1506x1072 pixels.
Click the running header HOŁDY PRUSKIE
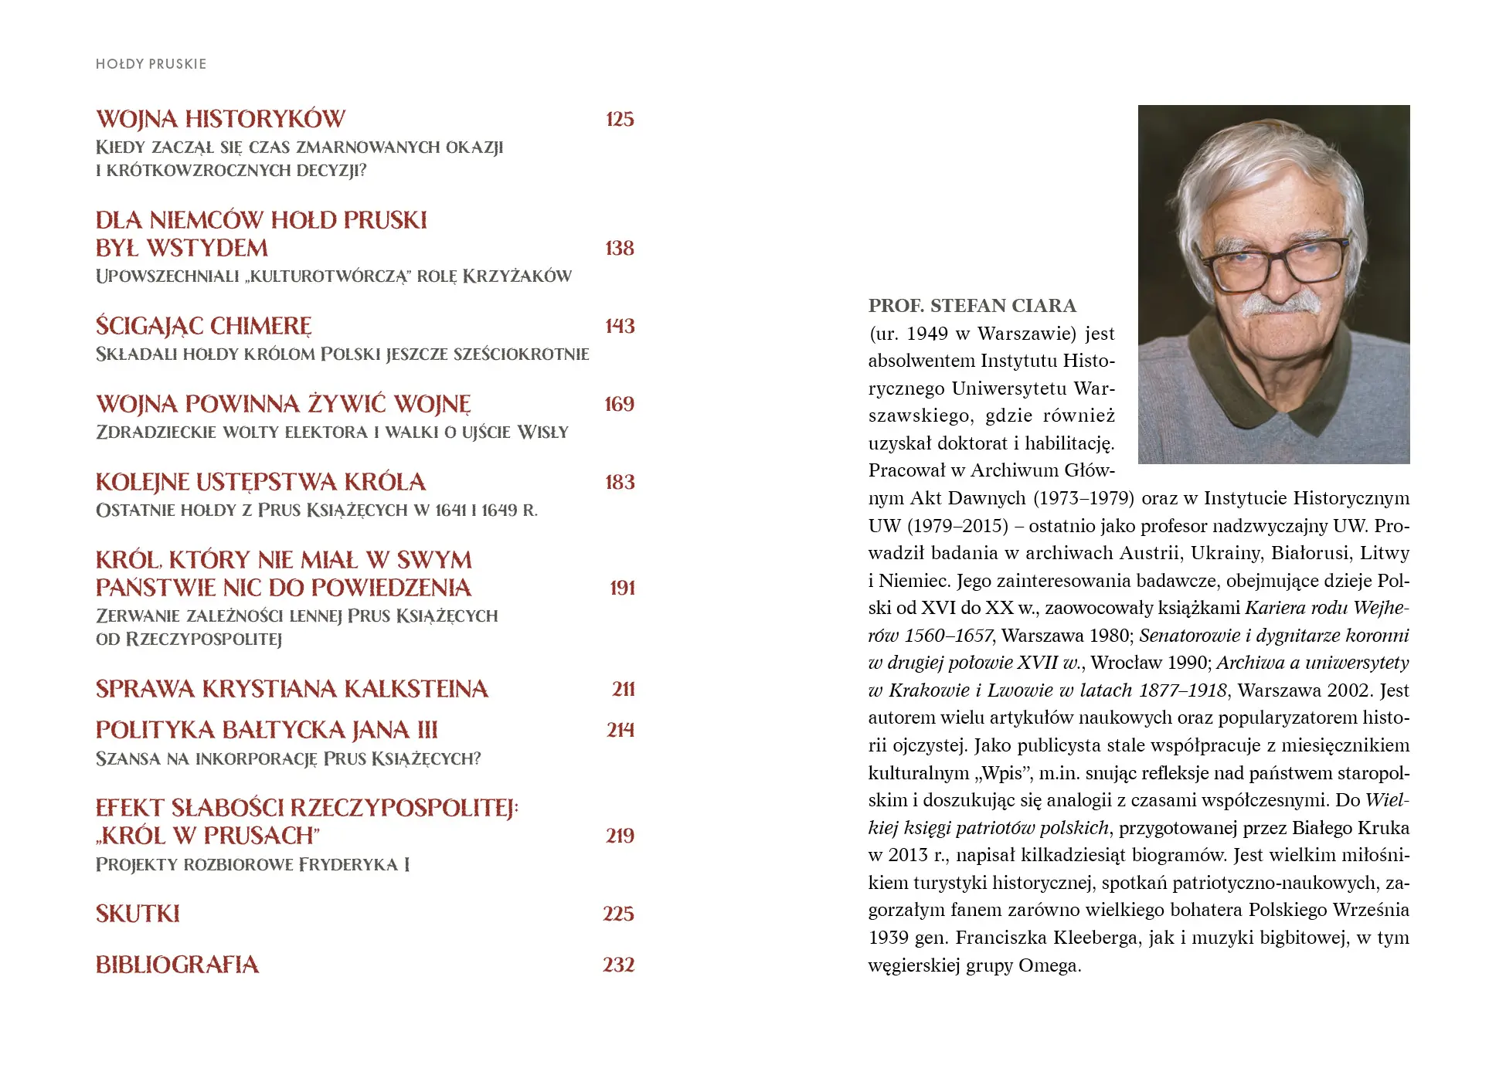[x=151, y=64]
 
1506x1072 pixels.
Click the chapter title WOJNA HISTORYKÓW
[x=220, y=119]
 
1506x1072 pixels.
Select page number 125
[x=620, y=119]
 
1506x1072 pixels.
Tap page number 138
[x=620, y=248]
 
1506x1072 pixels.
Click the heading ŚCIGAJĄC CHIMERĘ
[x=204, y=326]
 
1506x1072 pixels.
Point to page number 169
[x=619, y=404]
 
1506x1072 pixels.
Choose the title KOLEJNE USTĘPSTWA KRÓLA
[x=260, y=482]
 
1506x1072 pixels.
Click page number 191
[x=622, y=588]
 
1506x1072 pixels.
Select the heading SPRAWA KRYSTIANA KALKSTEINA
[x=292, y=689]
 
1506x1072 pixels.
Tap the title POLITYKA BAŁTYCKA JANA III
[x=267, y=730]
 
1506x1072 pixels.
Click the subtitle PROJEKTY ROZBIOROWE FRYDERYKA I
[x=253, y=864]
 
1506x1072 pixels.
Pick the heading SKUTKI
[x=138, y=914]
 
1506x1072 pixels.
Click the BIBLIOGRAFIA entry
[x=177, y=965]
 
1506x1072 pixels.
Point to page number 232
[x=618, y=965]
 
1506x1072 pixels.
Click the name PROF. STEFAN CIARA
[x=972, y=306]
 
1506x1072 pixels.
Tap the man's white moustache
[x=1279, y=303]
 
